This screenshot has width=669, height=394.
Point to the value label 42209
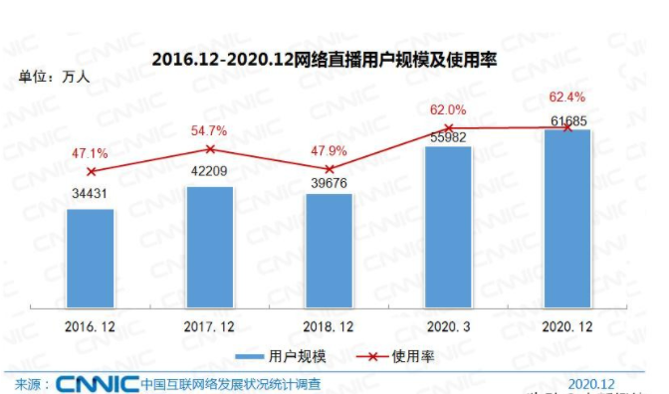click(209, 171)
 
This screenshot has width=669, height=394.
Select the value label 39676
click(329, 180)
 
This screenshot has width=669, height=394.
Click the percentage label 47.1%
click(91, 152)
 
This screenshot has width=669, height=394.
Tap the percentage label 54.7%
click(209, 130)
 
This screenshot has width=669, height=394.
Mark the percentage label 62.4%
click(567, 98)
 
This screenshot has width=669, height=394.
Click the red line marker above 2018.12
click(329, 168)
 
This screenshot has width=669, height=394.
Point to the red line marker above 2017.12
click(209, 148)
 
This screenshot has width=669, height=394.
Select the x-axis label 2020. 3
click(448, 325)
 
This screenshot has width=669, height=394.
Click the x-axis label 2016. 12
click(90, 325)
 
